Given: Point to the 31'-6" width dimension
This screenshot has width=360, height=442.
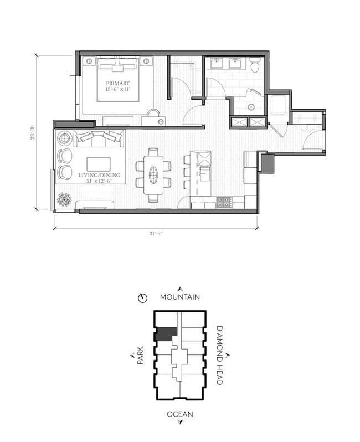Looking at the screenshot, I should point(156,233).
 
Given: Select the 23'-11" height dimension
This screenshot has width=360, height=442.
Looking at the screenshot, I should point(34,133).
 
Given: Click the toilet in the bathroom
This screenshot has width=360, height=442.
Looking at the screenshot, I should point(254,66).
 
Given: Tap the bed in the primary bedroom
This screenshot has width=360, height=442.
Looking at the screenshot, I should point(117,79).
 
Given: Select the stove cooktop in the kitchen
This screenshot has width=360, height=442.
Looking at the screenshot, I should point(224,203).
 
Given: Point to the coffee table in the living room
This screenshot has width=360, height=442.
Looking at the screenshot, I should point(98,164).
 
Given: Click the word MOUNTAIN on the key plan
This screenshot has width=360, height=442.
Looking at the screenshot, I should point(180,297).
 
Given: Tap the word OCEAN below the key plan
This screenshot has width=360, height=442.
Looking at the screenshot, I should point(180,414).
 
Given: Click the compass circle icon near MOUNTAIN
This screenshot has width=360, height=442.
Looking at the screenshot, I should point(143,298).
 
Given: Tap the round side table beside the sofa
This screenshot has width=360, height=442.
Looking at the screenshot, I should point(65,137).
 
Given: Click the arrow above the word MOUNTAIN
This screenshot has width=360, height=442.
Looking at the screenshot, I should point(180,289).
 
